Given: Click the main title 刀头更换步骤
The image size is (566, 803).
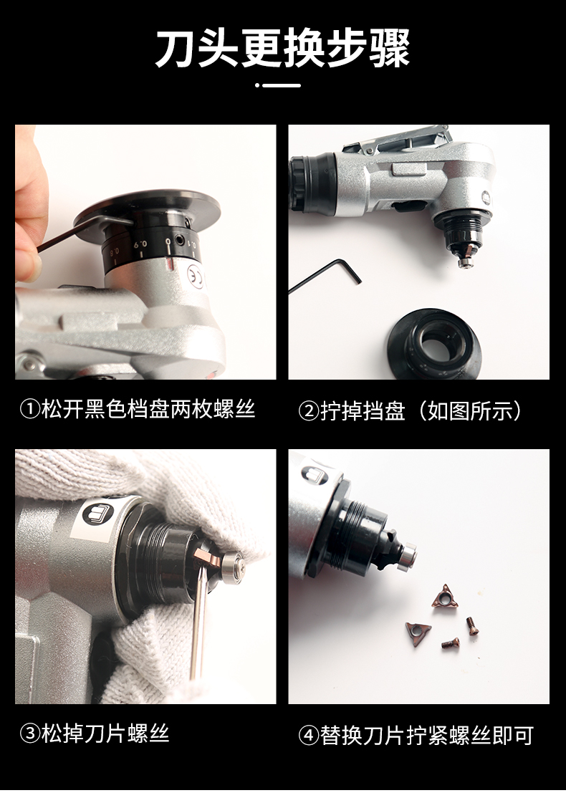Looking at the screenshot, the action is pos(283,48).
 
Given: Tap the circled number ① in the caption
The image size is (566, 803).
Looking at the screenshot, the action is pos(30,410).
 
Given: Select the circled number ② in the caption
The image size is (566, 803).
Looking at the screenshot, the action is pos(308,411).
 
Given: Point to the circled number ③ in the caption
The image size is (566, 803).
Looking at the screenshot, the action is pos(30,734).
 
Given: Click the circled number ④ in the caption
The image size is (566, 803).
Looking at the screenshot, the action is pos(308,736).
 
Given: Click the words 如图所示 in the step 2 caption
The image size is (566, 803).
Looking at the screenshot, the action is pos(469,411).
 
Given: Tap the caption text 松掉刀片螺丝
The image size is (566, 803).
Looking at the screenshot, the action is pos(105,734).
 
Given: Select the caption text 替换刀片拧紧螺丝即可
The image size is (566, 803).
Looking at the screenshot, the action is pos(427,736).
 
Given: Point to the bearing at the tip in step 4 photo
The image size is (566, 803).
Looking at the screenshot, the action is pos(409,556).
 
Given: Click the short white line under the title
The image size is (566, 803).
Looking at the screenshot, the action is pos(282,85).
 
